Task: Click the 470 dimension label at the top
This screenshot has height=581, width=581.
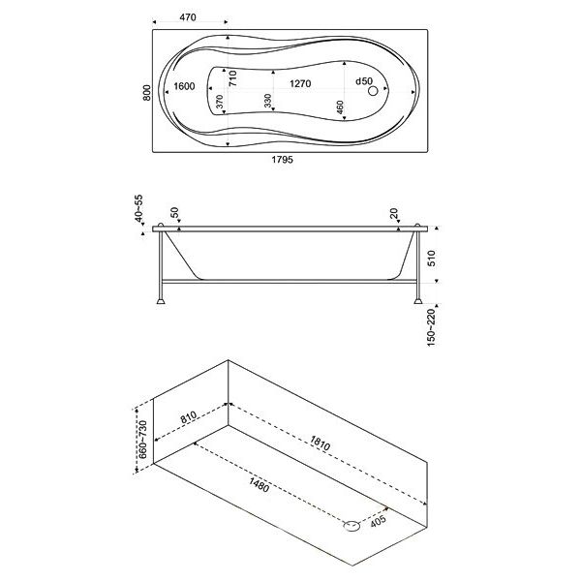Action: pyautogui.click(x=188, y=17)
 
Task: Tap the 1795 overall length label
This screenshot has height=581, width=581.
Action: pyautogui.click(x=283, y=160)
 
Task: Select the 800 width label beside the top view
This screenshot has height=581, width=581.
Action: pyautogui.click(x=147, y=93)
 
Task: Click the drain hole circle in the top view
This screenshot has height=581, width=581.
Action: pyautogui.click(x=373, y=90)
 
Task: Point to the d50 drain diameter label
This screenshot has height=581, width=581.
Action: pyautogui.click(x=364, y=81)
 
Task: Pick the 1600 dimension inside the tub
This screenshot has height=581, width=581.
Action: pyautogui.click(x=184, y=86)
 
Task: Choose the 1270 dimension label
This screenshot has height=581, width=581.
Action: pyautogui.click(x=300, y=83)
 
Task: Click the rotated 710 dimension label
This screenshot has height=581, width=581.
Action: pyautogui.click(x=232, y=78)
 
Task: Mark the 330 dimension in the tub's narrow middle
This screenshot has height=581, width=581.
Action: pyautogui.click(x=268, y=101)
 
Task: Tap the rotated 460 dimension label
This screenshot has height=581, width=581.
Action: pyautogui.click(x=340, y=107)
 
